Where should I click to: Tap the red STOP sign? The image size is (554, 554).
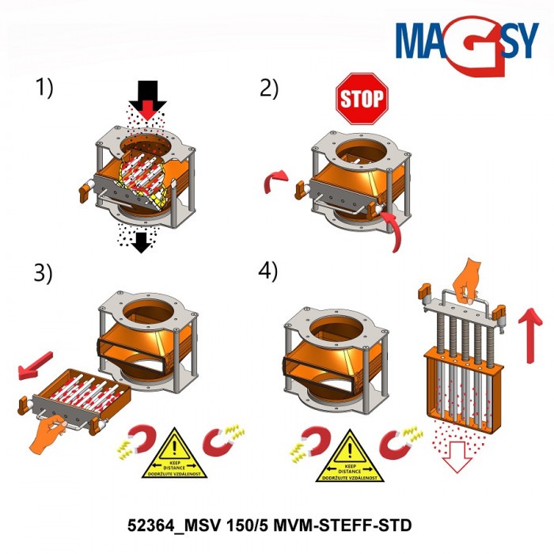coord(362,98)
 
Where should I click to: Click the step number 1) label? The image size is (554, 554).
coord(44,88)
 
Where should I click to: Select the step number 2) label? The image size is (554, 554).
coord(269,88)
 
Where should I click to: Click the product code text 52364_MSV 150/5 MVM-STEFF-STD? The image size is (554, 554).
coord(269,525)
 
